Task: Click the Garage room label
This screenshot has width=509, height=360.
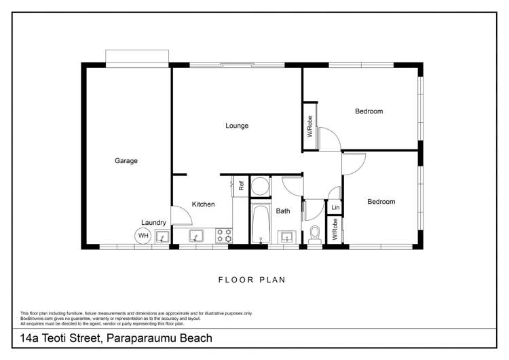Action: click(126, 161)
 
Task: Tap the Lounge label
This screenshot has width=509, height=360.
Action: click(237, 126)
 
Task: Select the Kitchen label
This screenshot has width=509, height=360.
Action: click(203, 204)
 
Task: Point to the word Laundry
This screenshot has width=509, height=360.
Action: click(153, 222)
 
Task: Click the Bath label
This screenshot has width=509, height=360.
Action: click(283, 211)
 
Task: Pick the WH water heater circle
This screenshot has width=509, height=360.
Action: click(143, 236)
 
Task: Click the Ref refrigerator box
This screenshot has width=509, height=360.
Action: click(240, 184)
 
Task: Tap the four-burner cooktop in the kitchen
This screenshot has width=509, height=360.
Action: click(223, 235)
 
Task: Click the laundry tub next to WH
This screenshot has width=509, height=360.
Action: click(162, 236)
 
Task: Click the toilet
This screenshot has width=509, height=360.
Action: click(314, 234)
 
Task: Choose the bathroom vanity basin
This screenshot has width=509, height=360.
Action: click(287, 236)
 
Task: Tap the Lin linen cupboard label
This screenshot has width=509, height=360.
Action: click(335, 207)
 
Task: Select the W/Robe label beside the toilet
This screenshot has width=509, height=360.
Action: click(335, 230)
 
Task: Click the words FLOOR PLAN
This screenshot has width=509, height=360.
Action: click(252, 279)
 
